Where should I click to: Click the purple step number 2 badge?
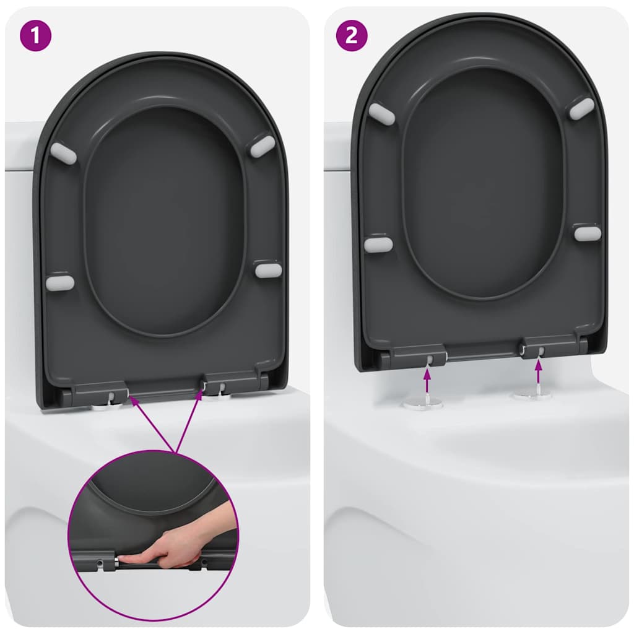pyautogui.click(x=351, y=35)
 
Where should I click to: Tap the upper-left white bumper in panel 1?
pyautogui.click(x=63, y=154)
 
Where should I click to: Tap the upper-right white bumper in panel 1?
pyautogui.click(x=262, y=146)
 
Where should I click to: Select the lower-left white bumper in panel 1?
pyautogui.click(x=60, y=283)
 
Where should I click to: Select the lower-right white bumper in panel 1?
pyautogui.click(x=268, y=270)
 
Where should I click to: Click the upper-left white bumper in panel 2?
pyautogui.click(x=381, y=115)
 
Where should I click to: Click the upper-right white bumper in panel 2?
pyautogui.click(x=581, y=109)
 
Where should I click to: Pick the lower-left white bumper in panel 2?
pyautogui.click(x=378, y=244)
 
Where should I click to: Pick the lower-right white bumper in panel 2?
pyautogui.click(x=587, y=233)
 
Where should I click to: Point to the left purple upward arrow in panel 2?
pyautogui.click(x=427, y=379)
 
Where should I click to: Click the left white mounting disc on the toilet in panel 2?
pyautogui.click(x=423, y=403)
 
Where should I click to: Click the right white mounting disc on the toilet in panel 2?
pyautogui.click(x=532, y=394)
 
